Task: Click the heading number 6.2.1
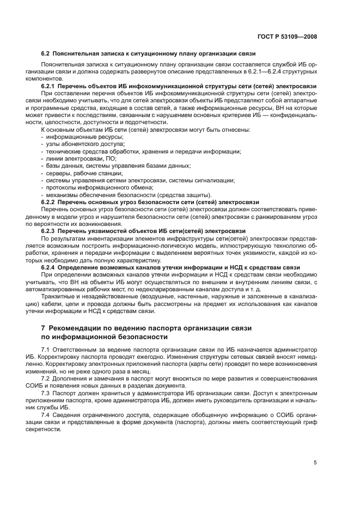50,86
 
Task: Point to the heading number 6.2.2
50,201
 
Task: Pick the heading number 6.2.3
50,231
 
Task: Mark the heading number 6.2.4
50,267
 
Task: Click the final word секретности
60,428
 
